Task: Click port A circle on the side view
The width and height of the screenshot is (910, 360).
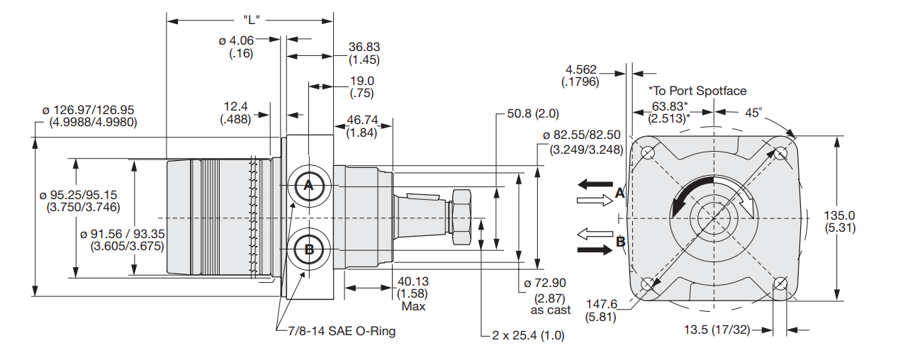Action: tap(308, 186)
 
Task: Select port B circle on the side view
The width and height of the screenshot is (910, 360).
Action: tap(308, 249)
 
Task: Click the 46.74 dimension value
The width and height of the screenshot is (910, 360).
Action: tap(362, 120)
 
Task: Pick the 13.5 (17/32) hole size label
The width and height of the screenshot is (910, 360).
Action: tap(717, 330)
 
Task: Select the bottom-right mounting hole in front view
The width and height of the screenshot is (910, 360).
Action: tap(780, 283)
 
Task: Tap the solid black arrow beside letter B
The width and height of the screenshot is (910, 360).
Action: tap(594, 249)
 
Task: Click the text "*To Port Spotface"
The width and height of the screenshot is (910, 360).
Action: tap(697, 91)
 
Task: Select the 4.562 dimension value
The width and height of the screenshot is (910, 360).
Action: tap(580, 69)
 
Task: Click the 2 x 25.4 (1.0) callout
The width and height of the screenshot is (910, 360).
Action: tap(528, 335)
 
